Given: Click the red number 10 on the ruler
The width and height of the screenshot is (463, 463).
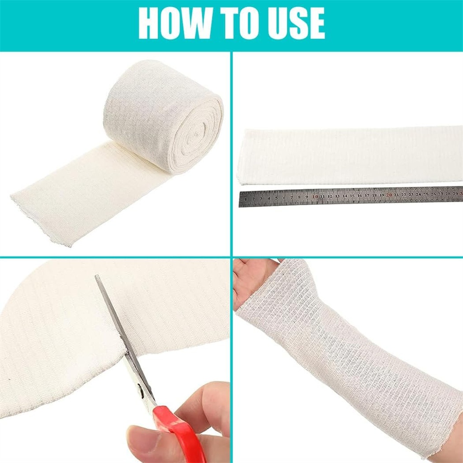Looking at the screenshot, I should [x=315, y=197].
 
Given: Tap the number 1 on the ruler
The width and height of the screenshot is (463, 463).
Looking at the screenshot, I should [x=247, y=198].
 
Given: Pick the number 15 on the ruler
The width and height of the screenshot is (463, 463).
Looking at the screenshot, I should [x=352, y=196].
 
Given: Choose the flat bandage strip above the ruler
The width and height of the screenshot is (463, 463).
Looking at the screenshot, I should [x=348, y=156].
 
